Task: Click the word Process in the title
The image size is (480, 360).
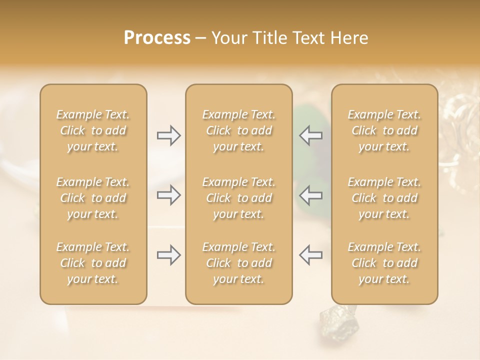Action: (157, 38)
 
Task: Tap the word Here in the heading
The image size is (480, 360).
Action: (348, 38)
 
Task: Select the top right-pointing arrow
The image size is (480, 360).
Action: (168, 135)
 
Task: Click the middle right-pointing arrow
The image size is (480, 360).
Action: (168, 195)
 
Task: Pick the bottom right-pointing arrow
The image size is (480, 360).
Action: (168, 255)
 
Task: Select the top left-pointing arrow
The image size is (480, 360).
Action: (310, 135)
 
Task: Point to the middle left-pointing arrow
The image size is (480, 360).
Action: (310, 195)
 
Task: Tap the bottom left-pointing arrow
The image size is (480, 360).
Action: (310, 255)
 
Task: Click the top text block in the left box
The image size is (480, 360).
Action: (93, 130)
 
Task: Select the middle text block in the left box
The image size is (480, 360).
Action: (93, 198)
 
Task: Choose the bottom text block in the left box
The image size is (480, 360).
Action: (93, 263)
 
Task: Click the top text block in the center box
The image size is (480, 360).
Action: (238, 130)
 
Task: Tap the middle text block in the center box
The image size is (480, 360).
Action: (238, 198)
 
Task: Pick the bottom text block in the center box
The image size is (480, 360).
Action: (238, 263)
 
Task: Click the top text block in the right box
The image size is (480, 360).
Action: (384, 130)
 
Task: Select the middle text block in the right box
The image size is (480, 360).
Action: (384, 198)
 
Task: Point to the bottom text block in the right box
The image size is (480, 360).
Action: (384, 263)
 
